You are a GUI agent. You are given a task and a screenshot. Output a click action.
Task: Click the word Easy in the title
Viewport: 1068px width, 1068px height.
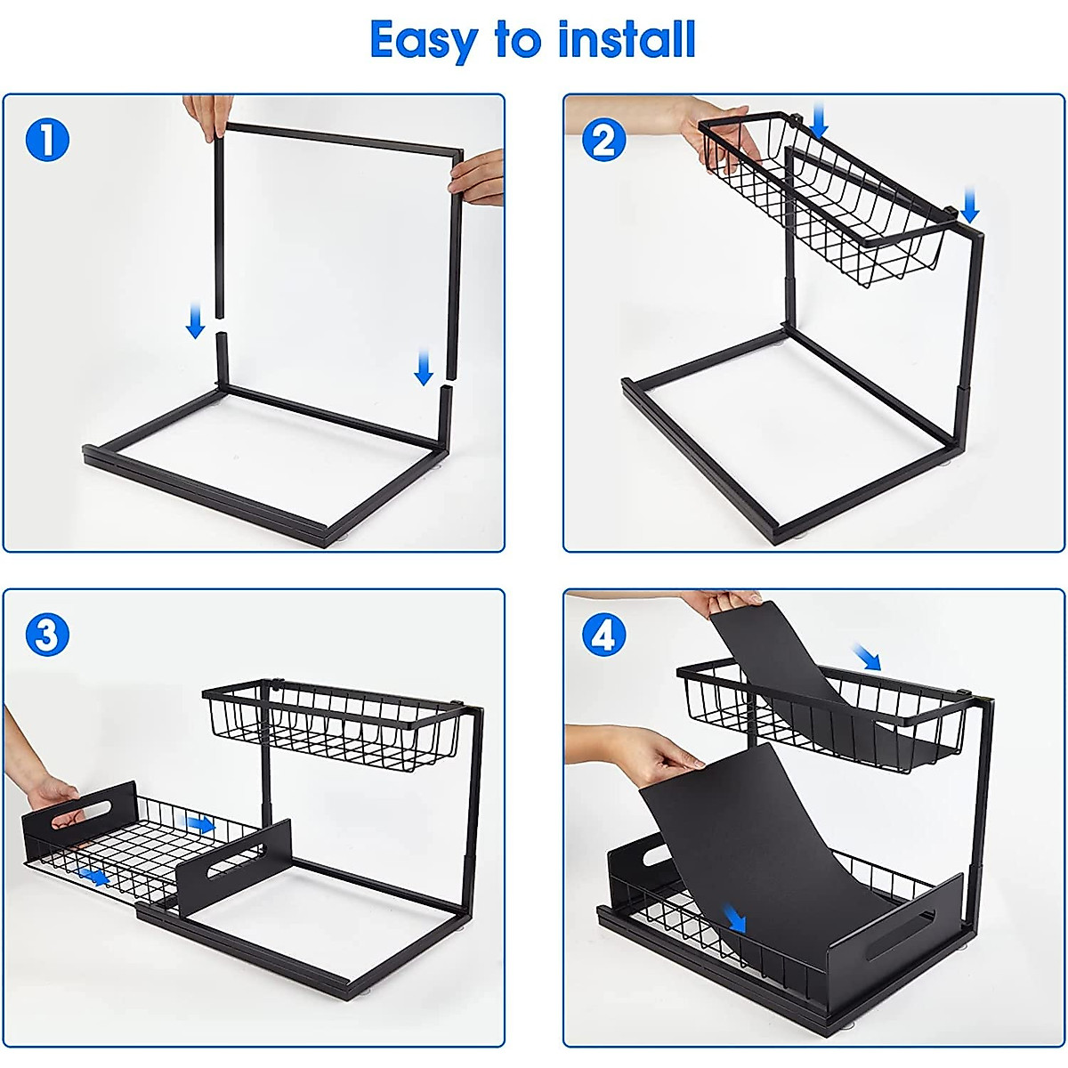(x=424, y=41)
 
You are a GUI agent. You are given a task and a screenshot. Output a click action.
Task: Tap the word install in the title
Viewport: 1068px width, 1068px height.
(x=627, y=39)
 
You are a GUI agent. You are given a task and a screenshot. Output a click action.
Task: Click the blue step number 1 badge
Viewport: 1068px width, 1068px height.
(x=47, y=141)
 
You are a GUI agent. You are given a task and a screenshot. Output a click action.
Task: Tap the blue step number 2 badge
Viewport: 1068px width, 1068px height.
(x=603, y=141)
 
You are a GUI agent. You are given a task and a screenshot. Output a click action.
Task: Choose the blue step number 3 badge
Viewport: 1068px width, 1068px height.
(x=47, y=635)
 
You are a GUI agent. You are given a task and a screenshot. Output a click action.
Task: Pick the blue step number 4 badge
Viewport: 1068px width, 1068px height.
(x=603, y=635)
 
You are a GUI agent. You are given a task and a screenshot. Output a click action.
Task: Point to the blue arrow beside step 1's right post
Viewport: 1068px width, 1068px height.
(x=424, y=368)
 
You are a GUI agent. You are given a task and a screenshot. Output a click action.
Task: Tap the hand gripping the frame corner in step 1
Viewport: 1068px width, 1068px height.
(x=479, y=178)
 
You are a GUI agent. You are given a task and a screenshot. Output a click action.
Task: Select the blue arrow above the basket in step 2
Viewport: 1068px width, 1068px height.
(x=820, y=120)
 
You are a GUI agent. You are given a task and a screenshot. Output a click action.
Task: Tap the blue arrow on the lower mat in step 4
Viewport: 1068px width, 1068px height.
(x=733, y=917)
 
